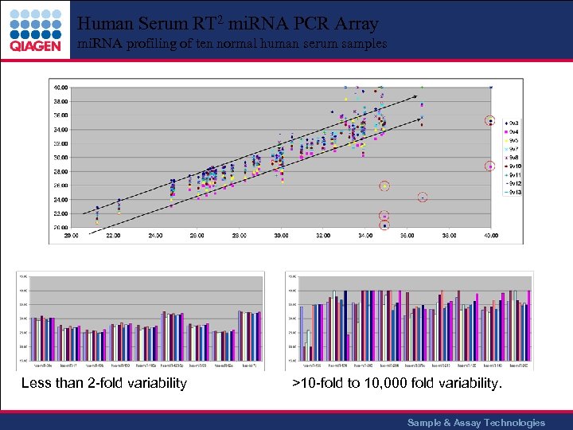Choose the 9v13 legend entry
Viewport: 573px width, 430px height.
click(516, 193)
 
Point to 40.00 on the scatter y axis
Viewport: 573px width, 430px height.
click(60, 87)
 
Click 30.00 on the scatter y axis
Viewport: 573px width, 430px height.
click(60, 157)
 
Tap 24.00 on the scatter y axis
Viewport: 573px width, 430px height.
click(60, 199)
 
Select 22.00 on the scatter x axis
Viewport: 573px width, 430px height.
click(113, 236)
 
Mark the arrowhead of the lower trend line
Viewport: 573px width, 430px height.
click(422, 119)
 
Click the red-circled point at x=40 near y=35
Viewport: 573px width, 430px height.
click(491, 121)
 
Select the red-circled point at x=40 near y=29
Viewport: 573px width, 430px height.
click(491, 166)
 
